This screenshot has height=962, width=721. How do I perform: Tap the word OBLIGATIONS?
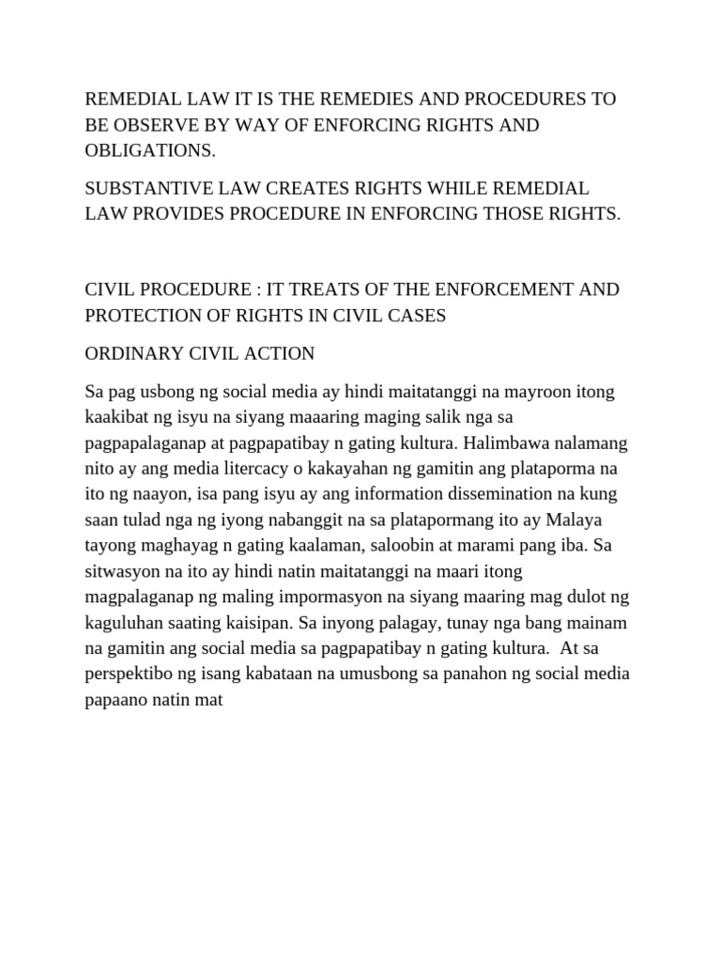(148, 150)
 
